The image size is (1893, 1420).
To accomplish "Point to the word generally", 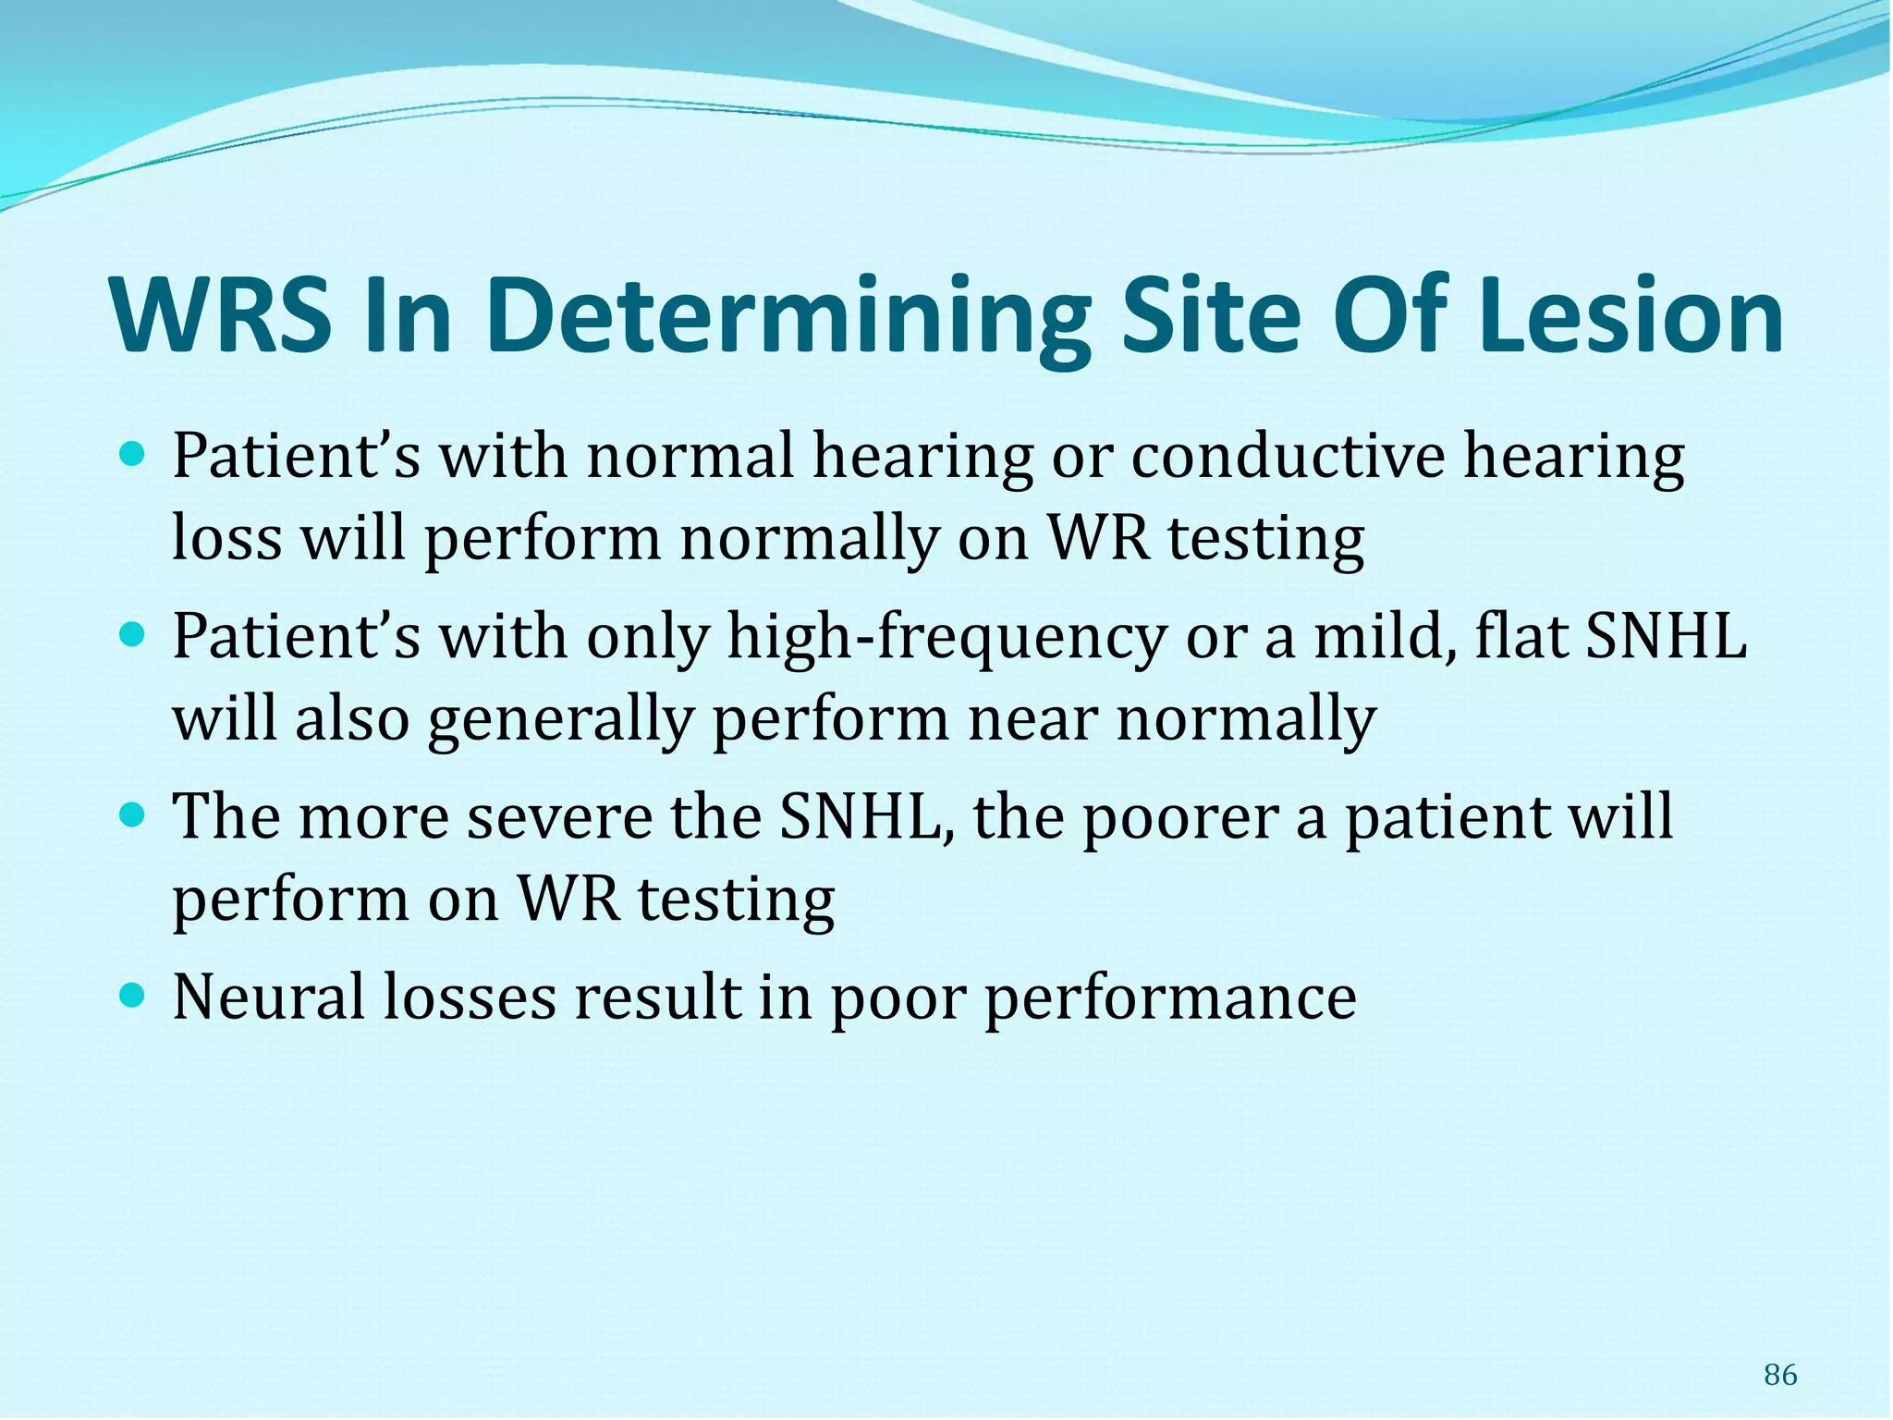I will coord(559,719).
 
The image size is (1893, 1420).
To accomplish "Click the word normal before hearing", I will coord(690,457).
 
